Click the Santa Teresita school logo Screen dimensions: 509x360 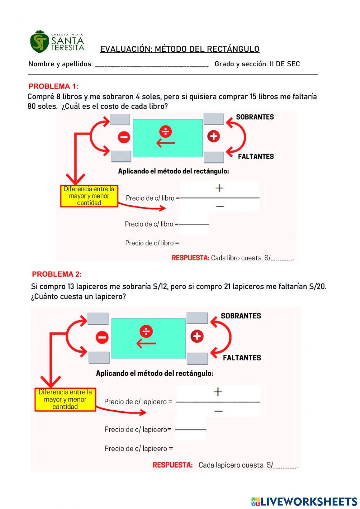click(57, 42)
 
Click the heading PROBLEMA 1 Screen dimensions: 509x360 click(53, 86)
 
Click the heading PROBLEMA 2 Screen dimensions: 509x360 click(57, 274)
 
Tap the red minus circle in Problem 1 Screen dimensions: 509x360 click(124, 137)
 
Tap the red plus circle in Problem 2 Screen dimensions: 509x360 click(197, 336)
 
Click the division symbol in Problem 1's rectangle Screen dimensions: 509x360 click(166, 131)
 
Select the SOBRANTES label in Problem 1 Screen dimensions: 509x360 click(255, 117)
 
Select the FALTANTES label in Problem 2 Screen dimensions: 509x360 click(242, 358)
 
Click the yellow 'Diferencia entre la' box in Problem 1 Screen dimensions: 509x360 click(89, 196)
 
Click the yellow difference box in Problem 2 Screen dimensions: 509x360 click(65, 399)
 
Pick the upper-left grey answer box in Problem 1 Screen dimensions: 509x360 click(120, 119)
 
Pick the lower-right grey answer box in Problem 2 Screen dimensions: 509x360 click(197, 358)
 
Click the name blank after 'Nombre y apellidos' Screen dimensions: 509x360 click(152, 64)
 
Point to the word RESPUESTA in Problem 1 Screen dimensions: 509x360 click(190, 258)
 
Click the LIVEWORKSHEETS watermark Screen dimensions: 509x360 click(304, 501)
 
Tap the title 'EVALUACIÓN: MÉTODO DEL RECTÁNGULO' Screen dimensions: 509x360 click(180, 49)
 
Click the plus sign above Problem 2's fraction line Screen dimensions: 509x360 click(218, 392)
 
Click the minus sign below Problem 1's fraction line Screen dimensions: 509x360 click(220, 206)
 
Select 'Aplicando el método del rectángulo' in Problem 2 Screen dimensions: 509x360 click(154, 373)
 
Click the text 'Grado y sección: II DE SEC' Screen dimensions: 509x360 click(257, 64)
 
